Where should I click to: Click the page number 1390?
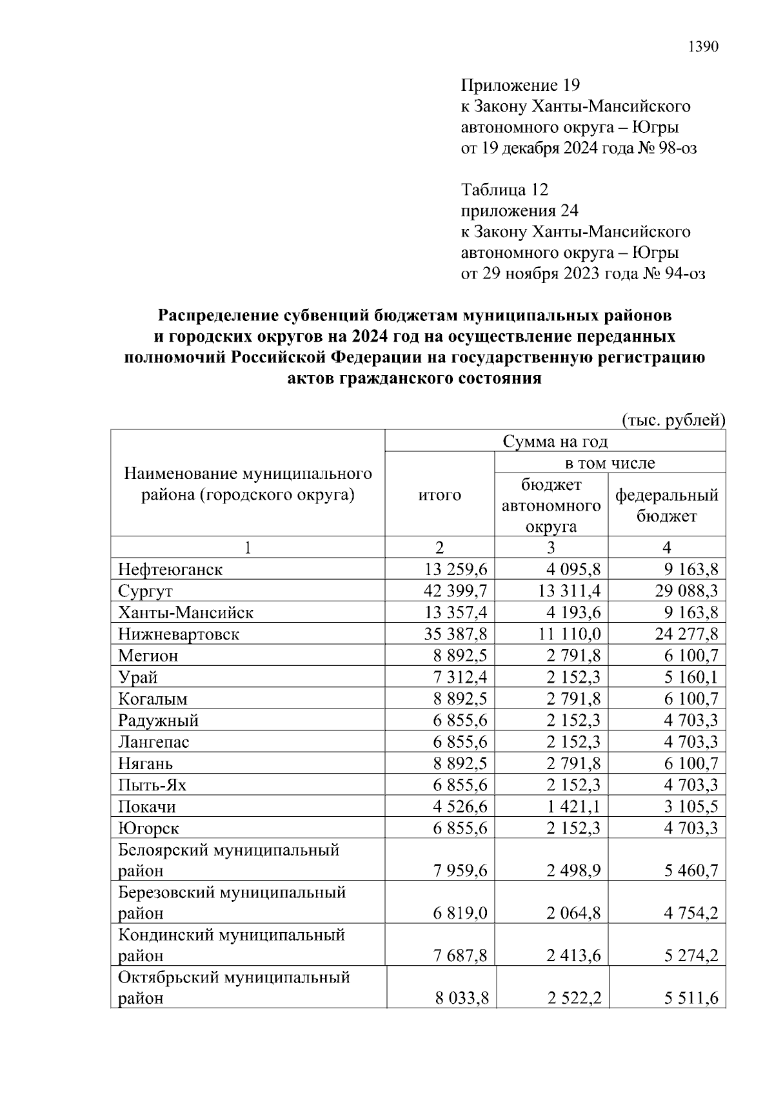pos(703,47)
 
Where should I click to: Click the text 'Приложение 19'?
pos(521,85)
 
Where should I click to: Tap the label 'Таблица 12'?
pos(504,190)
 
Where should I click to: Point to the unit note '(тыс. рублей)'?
pos(673,420)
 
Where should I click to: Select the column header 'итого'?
pos(440,495)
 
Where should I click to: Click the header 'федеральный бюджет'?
pos(666,505)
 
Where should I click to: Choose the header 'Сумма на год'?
pos(555,442)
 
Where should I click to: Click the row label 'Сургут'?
pos(146,591)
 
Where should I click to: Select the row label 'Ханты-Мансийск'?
pos(186,612)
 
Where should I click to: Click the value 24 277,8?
pos(686,634)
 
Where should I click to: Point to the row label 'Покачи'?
pos(147,807)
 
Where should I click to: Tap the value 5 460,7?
pos(691,871)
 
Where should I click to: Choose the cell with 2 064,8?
pos(573,913)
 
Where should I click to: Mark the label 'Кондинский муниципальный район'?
pos(232,944)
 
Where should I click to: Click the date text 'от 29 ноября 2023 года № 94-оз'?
pos(583,274)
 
